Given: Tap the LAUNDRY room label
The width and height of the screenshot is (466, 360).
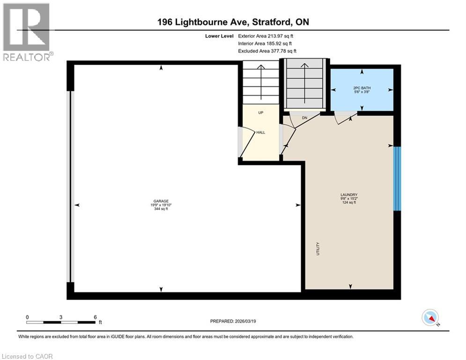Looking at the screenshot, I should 349,195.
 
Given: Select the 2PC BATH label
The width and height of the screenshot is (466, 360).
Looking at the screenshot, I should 362,88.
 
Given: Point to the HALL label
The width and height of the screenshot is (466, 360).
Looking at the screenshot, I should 260,133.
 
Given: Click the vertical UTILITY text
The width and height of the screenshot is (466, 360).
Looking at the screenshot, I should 318,247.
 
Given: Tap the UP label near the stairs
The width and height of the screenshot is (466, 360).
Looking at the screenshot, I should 261,113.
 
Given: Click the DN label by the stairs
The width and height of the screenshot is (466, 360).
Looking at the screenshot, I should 304,118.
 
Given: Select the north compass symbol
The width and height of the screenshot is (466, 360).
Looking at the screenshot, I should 429,318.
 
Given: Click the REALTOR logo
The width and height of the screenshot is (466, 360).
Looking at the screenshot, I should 27,32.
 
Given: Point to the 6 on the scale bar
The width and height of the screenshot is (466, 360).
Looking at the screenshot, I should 95,317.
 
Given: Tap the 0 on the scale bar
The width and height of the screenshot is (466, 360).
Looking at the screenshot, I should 28,317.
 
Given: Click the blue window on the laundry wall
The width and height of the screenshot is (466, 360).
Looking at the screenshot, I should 397,179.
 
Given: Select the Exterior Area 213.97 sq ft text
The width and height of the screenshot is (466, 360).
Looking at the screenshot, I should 266,36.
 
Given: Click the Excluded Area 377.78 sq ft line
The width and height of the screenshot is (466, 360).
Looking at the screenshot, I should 267,51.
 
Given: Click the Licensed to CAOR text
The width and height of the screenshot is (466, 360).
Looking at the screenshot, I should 27,356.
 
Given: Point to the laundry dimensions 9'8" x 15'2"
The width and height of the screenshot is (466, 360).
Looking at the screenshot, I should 349,199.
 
